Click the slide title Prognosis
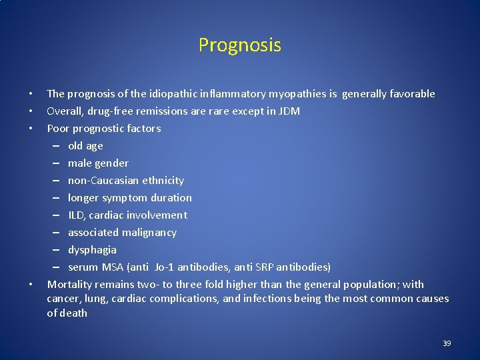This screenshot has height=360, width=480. [239, 45]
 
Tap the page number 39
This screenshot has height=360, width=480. [447, 343]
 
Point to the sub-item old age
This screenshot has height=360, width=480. [85, 146]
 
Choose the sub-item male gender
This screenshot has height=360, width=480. [98, 163]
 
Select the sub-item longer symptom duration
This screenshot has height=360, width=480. [129, 198]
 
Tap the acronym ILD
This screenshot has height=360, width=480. [76, 215]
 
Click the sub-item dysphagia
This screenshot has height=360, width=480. [92, 250]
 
